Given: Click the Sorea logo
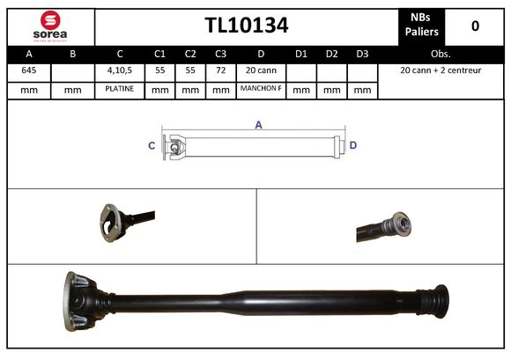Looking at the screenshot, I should (50, 26).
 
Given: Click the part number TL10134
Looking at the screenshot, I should (246, 25).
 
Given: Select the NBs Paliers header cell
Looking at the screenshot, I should (421, 26).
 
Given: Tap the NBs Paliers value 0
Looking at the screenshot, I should (475, 26).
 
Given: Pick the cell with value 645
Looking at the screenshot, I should (29, 70).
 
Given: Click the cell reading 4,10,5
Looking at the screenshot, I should (120, 70).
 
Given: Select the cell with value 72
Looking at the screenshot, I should (220, 70).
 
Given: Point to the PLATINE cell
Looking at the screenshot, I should (120, 89).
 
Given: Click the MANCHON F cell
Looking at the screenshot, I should (260, 89).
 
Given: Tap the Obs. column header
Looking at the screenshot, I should (440, 54).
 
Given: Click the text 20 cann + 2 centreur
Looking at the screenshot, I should (440, 70).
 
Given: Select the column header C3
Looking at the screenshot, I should (220, 54).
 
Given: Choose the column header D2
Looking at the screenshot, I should (331, 54).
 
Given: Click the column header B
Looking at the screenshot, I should (73, 54).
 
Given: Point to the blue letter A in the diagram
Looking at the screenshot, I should (258, 125).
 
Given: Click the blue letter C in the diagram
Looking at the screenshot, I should (152, 145).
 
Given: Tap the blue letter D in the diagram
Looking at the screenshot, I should (352, 145).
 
